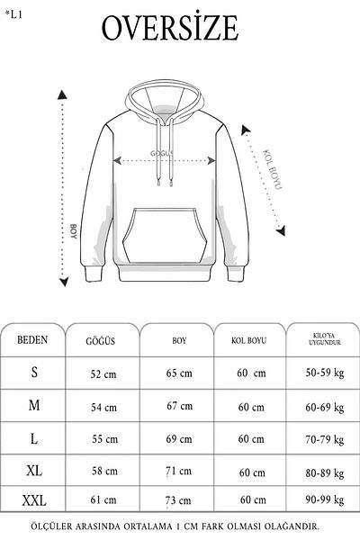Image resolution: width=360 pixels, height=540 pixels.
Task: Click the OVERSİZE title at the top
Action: tap(170, 28)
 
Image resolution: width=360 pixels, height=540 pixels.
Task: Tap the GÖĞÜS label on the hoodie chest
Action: tap(162, 154)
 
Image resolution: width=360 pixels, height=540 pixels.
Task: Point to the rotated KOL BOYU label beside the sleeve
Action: tap(273, 169)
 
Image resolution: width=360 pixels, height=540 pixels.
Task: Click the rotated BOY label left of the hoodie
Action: tap(74, 232)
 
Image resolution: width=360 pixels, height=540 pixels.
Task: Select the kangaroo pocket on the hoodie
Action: tap(165, 236)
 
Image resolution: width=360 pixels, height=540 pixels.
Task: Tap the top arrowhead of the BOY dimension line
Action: tap(62, 94)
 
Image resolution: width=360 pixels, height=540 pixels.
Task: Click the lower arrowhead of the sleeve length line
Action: tap(281, 230)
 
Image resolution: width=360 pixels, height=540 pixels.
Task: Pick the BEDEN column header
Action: tap(32, 340)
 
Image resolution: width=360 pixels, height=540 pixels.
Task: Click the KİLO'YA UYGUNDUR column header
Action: tap(325, 339)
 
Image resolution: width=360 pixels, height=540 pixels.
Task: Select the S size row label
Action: tap(34, 373)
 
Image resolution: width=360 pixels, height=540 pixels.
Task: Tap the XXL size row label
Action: tap(34, 500)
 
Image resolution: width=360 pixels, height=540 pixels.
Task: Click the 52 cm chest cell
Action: tap(103, 374)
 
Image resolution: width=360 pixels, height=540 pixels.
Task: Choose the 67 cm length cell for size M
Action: tap(179, 406)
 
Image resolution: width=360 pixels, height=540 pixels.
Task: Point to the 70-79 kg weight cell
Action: tap(325, 440)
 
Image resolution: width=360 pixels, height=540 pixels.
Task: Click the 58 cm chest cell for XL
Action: tap(104, 471)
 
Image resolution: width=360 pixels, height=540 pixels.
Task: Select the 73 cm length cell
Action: tap(178, 500)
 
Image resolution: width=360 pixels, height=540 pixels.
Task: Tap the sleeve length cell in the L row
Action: tap(251, 439)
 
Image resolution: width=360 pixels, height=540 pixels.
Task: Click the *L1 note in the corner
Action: tap(13, 14)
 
